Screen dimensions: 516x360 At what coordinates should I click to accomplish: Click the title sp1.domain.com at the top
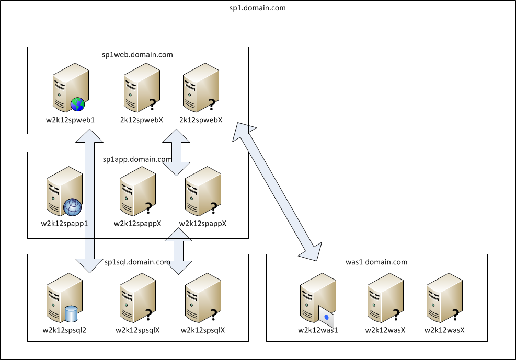point(257,8)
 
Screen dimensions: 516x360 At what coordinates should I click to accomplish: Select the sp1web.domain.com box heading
point(137,54)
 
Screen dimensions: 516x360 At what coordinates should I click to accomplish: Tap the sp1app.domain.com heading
point(137,159)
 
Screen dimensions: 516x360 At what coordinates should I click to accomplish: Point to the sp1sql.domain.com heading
point(137,262)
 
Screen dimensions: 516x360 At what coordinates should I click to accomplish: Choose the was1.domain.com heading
point(376,262)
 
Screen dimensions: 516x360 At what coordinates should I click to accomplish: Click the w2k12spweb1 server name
point(70,120)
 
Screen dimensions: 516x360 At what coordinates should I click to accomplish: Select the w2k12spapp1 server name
point(64,224)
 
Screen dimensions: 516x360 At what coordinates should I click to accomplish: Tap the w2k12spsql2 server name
point(64,330)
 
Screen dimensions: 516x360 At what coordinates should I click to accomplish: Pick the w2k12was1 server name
point(318,330)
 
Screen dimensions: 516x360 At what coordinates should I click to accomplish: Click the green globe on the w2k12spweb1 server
point(78,104)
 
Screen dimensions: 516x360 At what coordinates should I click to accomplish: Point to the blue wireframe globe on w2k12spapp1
point(72,207)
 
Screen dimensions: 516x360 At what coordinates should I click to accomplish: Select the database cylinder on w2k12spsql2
point(71,313)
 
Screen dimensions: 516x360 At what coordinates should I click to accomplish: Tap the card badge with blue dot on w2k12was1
point(326,317)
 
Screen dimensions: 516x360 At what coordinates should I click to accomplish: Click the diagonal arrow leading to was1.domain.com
point(277,192)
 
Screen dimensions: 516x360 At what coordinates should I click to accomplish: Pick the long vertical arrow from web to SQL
point(89,201)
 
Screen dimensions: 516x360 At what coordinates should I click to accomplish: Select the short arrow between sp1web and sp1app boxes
point(176,152)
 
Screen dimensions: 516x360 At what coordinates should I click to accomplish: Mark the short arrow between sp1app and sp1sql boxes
point(178,251)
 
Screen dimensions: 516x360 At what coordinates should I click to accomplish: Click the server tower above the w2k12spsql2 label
point(64,298)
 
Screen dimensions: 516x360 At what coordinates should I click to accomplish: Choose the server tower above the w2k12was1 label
point(318,298)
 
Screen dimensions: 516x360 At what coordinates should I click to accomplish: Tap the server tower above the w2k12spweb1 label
point(71,87)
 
